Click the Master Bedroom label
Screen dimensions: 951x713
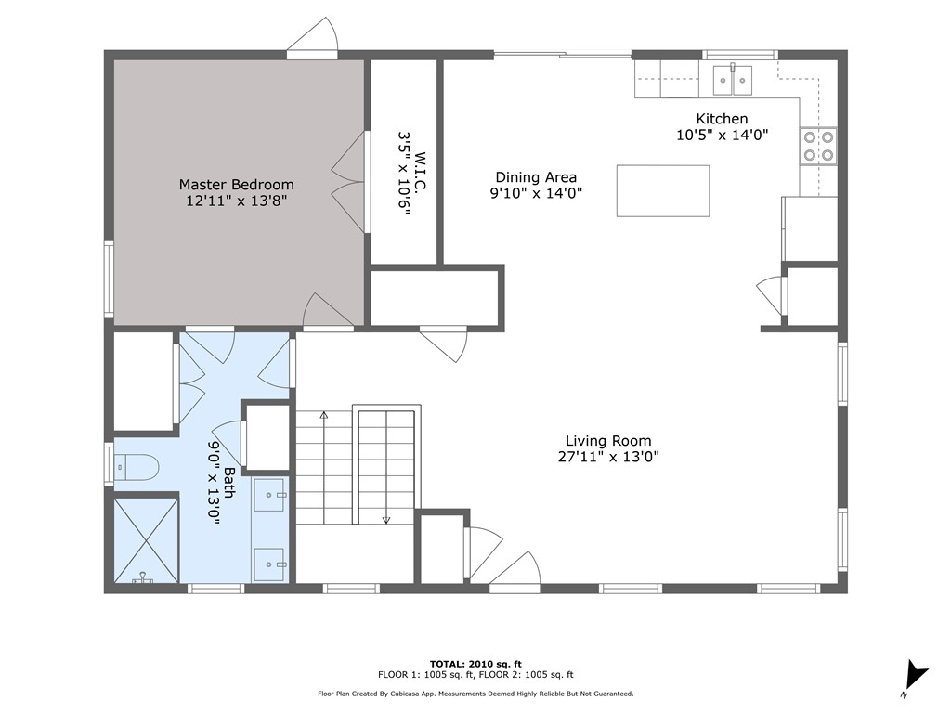[237, 185]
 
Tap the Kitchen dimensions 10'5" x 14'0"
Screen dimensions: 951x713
[723, 135]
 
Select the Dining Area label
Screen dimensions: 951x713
[536, 177]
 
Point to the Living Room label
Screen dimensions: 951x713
[608, 441]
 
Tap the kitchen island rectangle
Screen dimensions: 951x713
[663, 190]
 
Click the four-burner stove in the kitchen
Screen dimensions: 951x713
[818, 146]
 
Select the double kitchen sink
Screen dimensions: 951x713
[733, 80]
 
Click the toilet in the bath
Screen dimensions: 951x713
[137, 468]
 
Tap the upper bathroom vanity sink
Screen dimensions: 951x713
[270, 495]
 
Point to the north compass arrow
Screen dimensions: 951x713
[915, 676]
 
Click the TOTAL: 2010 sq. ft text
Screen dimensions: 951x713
[475, 664]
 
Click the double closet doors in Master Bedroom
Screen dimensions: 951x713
[350, 182]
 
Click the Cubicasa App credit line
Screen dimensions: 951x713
[475, 694]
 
